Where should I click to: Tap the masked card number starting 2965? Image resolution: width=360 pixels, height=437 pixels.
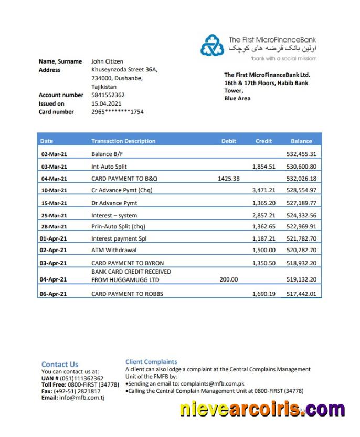click(x=117, y=112)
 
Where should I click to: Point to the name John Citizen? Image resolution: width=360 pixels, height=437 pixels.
click(x=107, y=61)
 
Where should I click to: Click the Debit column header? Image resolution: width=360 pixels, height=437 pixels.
click(x=229, y=141)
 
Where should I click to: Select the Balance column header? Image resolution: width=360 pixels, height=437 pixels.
click(x=301, y=141)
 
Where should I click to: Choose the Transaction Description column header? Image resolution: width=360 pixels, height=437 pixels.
click(x=123, y=141)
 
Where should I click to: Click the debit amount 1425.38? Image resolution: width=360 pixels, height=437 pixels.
click(x=228, y=179)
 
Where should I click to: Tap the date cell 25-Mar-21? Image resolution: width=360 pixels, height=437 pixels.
click(x=54, y=215)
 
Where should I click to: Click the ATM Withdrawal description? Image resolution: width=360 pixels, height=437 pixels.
click(x=114, y=250)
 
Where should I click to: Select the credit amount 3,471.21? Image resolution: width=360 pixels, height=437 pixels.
click(x=263, y=190)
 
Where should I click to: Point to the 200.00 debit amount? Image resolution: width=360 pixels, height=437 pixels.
click(x=228, y=279)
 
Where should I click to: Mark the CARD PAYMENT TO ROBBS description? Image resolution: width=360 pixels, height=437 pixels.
click(x=128, y=294)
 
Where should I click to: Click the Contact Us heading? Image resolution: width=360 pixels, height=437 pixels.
click(x=60, y=364)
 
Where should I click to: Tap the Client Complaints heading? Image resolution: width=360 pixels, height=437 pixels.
click(x=151, y=362)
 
